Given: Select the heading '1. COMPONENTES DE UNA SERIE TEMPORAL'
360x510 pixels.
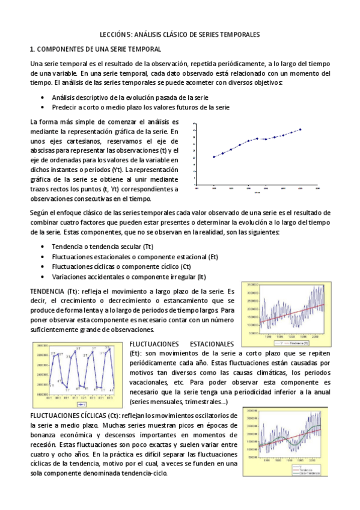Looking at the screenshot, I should click(x=95, y=49).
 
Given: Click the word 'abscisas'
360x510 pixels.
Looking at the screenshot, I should click(x=41, y=150).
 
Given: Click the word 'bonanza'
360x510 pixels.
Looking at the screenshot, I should click(x=42, y=435).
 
